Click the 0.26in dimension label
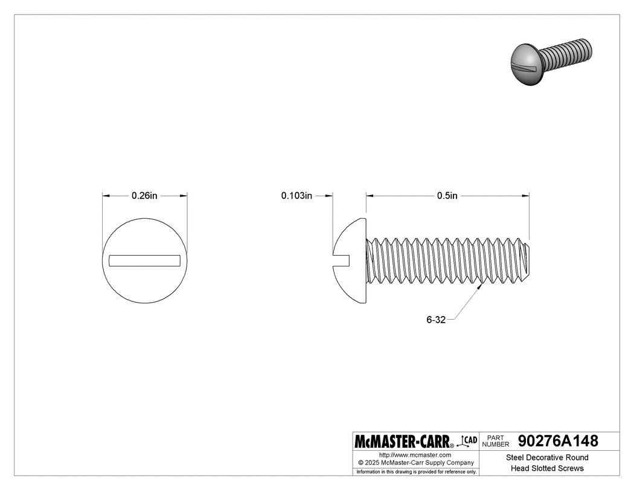pos(144,196)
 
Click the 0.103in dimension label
pos(296,196)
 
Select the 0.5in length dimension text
pos(447,196)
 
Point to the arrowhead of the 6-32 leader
pos(481,287)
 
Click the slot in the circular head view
pos(144,260)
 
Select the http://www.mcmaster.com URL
pos(415,454)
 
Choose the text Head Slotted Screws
pos(547,468)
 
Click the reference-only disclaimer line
pos(416,471)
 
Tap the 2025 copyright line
pos(416,463)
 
